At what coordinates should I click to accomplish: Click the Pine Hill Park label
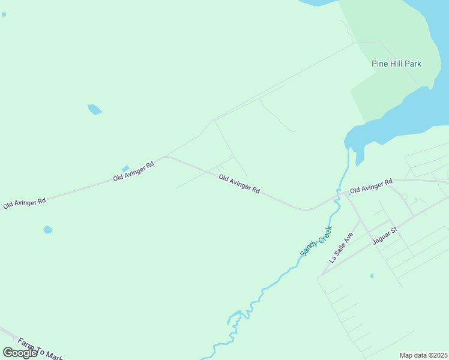[x=396, y=64]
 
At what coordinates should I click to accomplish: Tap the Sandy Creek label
[x=316, y=241]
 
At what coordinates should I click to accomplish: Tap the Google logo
[x=20, y=353]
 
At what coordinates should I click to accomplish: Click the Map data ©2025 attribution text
[x=424, y=355]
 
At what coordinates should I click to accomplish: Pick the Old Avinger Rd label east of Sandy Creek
[x=371, y=185]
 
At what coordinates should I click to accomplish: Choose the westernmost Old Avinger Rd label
[x=25, y=203]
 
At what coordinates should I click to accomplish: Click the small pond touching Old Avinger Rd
[x=125, y=169]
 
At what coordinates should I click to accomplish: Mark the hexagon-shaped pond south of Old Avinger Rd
[x=47, y=229]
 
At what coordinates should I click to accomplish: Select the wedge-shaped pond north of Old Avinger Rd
[x=94, y=109]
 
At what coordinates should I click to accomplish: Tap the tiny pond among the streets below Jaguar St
[x=372, y=275]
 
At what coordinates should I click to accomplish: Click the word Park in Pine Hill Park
[x=413, y=64]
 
